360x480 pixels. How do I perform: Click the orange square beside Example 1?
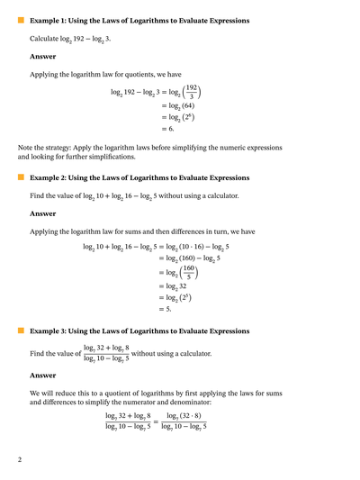(21, 19)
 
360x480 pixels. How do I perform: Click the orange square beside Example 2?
(21, 178)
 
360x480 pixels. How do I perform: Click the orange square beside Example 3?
(21, 331)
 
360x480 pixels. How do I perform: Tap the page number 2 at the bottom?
(19, 460)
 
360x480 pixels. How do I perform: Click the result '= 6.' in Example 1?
(166, 130)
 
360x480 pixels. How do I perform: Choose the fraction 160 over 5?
(189, 271)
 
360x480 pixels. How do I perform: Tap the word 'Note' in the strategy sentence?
(27, 147)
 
